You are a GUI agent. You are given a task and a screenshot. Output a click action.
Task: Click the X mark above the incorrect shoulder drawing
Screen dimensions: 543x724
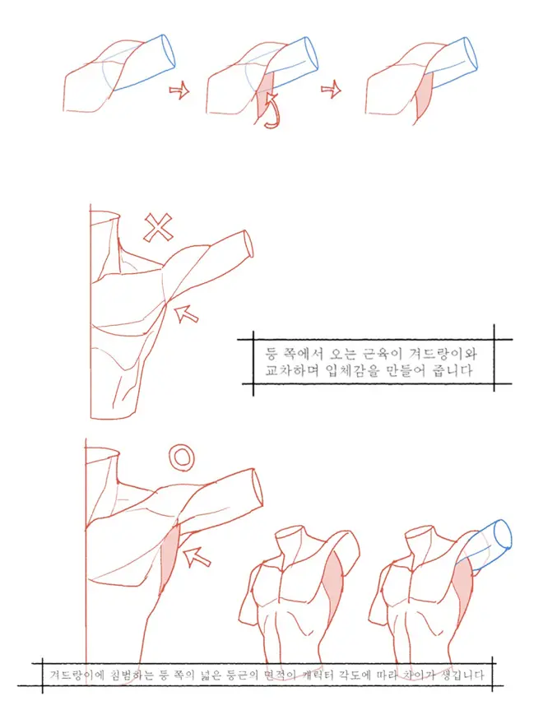coord(158,227)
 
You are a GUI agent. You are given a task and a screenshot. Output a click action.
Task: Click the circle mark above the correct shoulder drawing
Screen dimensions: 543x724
coord(182,457)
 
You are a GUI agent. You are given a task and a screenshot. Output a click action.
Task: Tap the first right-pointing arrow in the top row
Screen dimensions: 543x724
coord(179,89)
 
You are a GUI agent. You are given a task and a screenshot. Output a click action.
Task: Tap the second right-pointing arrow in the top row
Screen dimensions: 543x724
coord(331,89)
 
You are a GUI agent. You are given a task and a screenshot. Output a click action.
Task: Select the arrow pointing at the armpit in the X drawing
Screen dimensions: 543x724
coord(186,313)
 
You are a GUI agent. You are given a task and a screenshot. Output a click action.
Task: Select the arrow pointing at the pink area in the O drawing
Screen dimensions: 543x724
coord(197,556)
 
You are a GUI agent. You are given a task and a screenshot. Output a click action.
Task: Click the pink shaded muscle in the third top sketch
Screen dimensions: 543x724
coord(424,96)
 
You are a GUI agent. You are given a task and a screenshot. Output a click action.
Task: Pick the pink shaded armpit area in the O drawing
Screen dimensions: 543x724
coord(170,556)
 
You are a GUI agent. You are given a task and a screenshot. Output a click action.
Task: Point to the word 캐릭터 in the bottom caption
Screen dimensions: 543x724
coord(323,675)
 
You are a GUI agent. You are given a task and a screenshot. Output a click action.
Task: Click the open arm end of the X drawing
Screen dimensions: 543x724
coord(248,243)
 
